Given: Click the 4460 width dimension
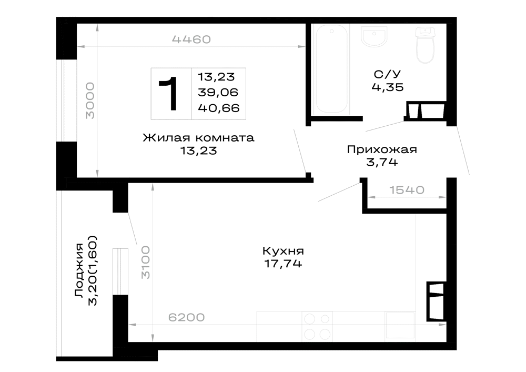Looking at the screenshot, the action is (x=191, y=39).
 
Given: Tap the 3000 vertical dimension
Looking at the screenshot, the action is (x=90, y=101).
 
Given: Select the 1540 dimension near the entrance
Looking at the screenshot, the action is (x=407, y=190).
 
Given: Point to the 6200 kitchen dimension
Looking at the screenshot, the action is (x=187, y=317).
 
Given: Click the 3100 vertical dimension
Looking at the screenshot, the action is (x=146, y=263).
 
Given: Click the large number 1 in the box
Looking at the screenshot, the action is (x=169, y=93).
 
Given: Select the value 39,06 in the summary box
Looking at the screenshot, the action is (x=218, y=92).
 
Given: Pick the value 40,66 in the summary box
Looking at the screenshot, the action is (x=219, y=108).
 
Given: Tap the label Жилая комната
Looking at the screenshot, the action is (x=199, y=138).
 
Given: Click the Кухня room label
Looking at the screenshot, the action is (x=283, y=251).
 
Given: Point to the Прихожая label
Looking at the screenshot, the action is (x=382, y=149).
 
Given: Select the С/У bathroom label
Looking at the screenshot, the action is (x=388, y=74).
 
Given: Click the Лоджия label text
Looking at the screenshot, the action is (x=79, y=270).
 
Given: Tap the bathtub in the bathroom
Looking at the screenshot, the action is (x=331, y=69).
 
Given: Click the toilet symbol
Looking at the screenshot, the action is (x=425, y=45).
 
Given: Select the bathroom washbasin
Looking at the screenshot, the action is (x=374, y=36).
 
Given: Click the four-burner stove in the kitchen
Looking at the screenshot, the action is (x=317, y=326).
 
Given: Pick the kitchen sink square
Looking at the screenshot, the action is (x=400, y=325).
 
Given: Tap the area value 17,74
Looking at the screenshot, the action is (x=283, y=264).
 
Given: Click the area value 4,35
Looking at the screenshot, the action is (x=388, y=87).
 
